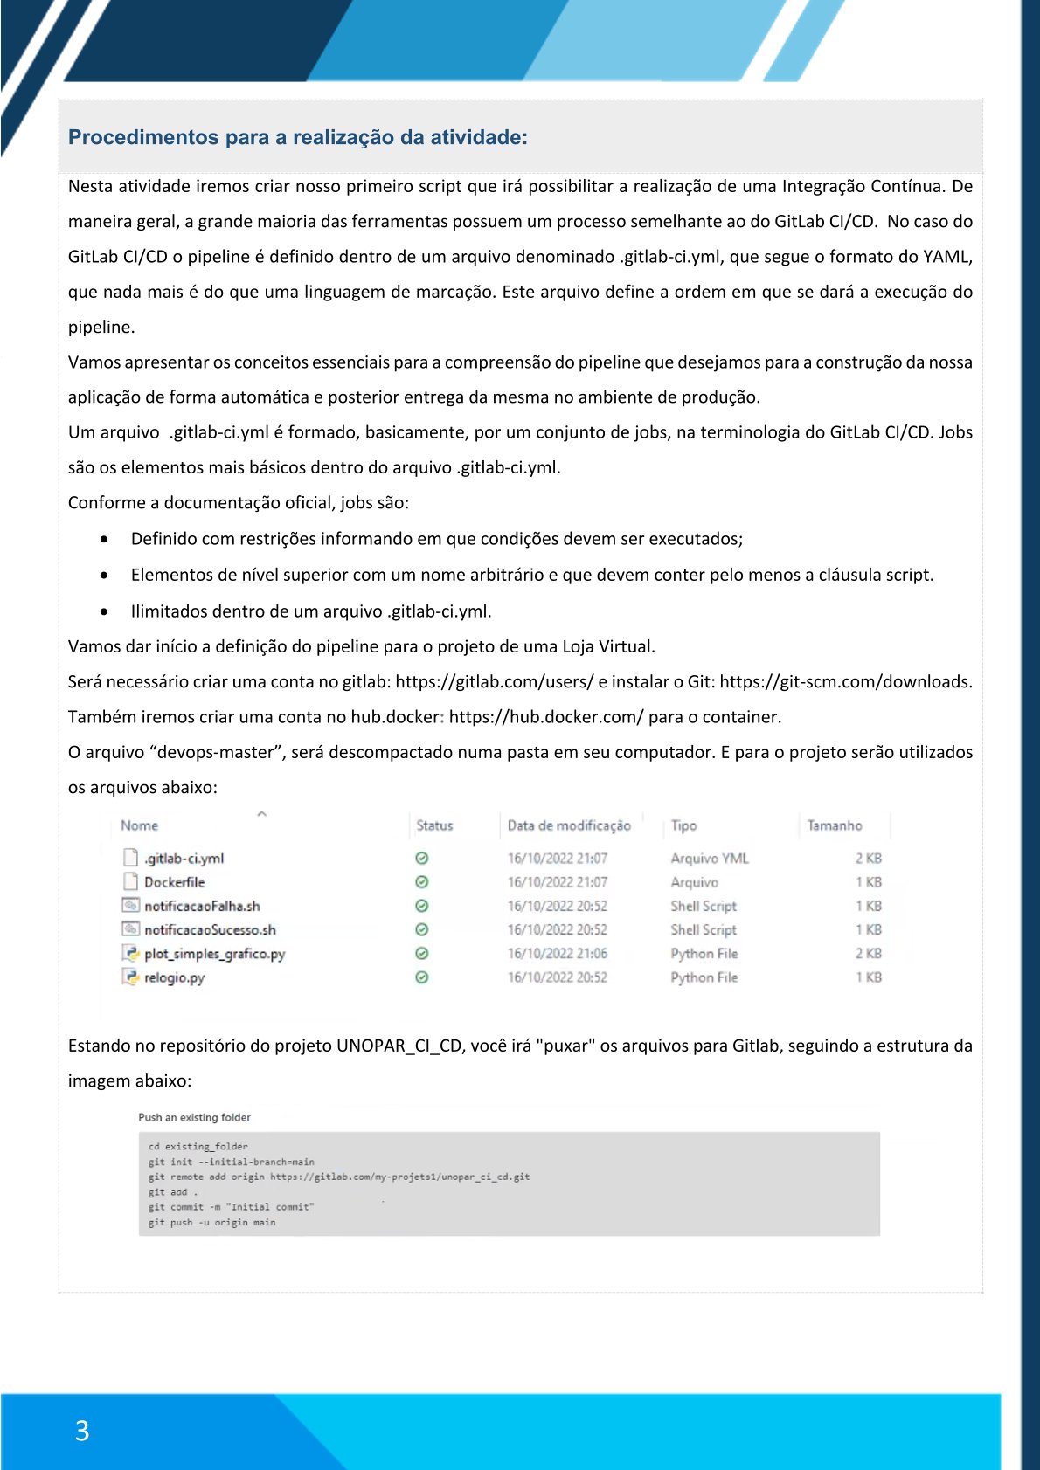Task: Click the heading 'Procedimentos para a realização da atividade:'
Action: (x=297, y=137)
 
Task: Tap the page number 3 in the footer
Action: (x=82, y=1431)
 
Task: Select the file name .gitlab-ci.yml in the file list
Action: (x=184, y=859)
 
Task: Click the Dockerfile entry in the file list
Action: (x=174, y=882)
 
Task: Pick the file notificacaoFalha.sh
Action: (x=202, y=906)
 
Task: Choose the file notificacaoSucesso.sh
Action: (x=210, y=930)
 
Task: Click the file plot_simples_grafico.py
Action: (x=214, y=954)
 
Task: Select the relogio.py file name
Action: (x=174, y=977)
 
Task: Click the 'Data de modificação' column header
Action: (x=569, y=825)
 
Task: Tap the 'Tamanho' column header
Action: (x=834, y=825)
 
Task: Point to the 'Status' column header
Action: (x=434, y=825)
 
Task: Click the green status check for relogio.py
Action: (x=422, y=977)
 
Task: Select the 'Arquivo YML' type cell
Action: (x=709, y=859)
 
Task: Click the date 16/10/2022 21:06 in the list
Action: (x=558, y=954)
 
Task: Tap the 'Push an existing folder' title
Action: (x=194, y=1117)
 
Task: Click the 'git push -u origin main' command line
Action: (x=211, y=1223)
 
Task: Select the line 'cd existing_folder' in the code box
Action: (x=198, y=1147)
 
